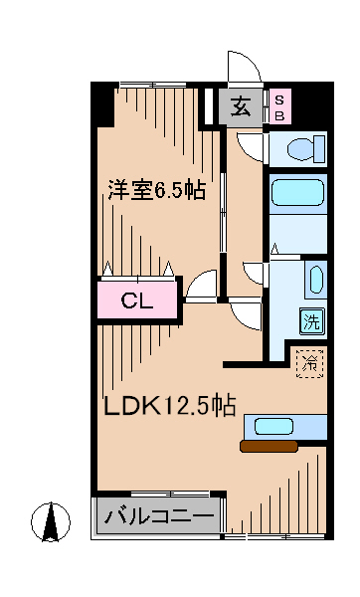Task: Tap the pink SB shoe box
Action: click(x=279, y=106)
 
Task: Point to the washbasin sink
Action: click(x=314, y=279)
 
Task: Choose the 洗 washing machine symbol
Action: click(x=311, y=320)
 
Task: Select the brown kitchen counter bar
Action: click(x=268, y=447)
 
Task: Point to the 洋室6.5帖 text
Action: click(x=156, y=189)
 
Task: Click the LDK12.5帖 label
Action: click(x=170, y=406)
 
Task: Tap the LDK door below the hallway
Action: click(x=245, y=315)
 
